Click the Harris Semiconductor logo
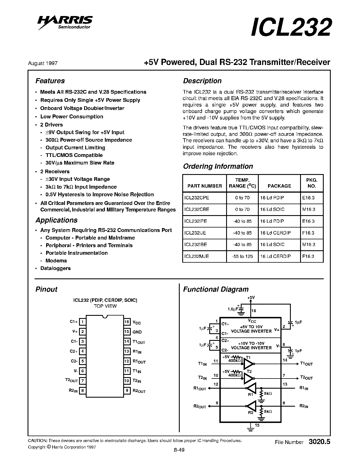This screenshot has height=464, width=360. tap(65, 22)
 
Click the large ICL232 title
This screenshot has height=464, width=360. tap(291, 27)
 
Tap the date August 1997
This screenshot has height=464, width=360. tap(43, 63)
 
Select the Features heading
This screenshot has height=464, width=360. tap(50, 81)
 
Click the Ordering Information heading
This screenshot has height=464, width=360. tap(218, 166)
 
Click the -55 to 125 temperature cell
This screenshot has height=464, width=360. tap(242, 256)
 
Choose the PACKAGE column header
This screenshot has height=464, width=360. tap(279, 186)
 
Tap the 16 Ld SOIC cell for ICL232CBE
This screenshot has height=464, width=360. tap(272, 209)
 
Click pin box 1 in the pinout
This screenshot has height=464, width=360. tap(82, 322)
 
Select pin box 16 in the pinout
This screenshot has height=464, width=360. tap(127, 322)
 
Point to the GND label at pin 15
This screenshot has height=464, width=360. tap(137, 332)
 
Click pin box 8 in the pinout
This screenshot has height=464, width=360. tap(82, 391)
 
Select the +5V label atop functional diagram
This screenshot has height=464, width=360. tap(251, 298)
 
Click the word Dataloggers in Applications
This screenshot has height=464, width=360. tap(55, 268)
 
